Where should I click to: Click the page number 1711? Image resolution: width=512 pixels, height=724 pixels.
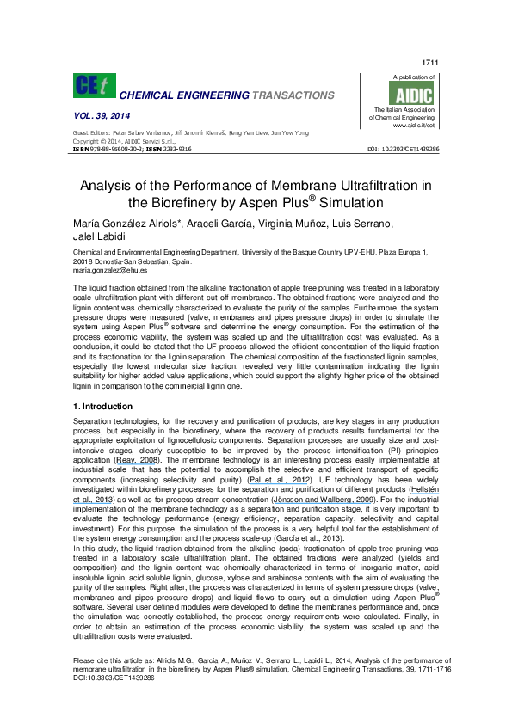tap(430, 64)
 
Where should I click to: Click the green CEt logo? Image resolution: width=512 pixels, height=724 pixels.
tap(93, 85)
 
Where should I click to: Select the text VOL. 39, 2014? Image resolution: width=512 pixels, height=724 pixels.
tap(101, 116)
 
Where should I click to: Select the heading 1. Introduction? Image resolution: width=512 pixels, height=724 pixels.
tap(104, 407)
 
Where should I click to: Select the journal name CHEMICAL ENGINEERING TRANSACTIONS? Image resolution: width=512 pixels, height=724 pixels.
tap(225, 95)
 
